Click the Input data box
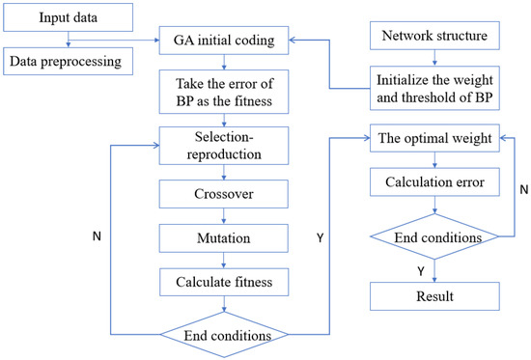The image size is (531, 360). click(65, 18)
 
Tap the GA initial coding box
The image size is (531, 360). click(224, 42)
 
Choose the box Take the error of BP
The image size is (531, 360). click(224, 93)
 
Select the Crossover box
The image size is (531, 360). click(224, 197)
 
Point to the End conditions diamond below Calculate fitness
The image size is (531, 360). click(224, 334)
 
